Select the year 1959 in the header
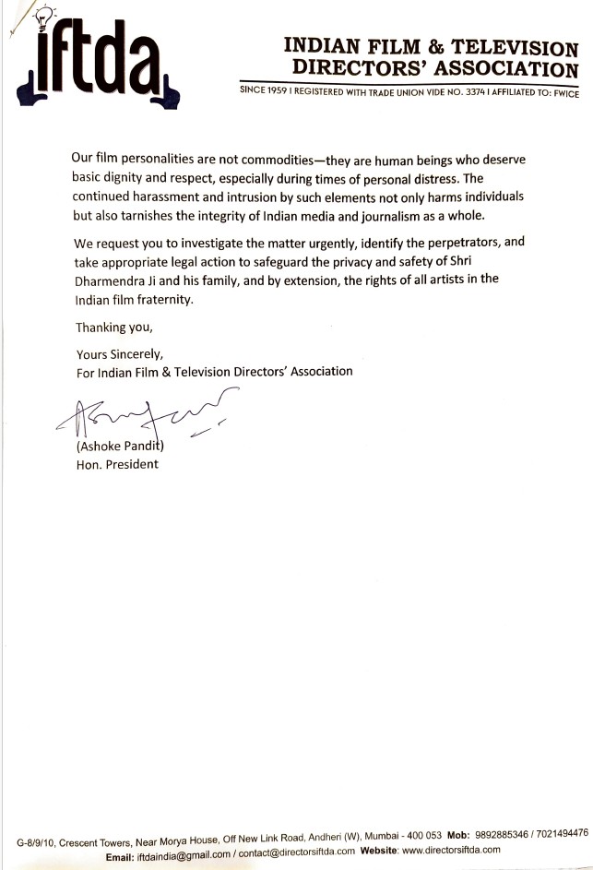tap(280, 92)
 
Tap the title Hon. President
tap(116, 464)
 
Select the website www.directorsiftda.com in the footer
tap(450, 851)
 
